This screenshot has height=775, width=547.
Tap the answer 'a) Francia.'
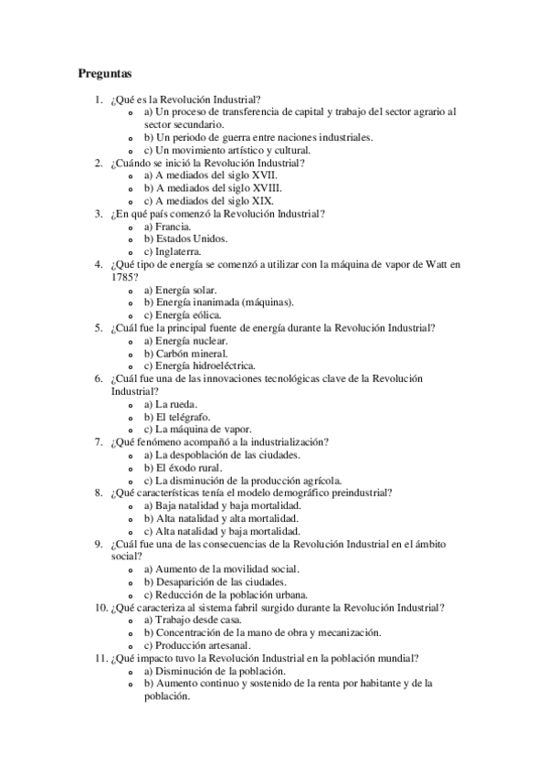(x=167, y=226)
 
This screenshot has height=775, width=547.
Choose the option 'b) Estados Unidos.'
(x=185, y=239)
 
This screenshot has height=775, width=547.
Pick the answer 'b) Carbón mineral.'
(x=185, y=353)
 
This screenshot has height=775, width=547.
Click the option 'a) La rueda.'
(x=171, y=403)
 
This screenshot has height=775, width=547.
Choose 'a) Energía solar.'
(x=180, y=289)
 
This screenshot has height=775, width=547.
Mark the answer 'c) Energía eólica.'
(x=182, y=314)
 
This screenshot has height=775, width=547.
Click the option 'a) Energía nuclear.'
(x=185, y=340)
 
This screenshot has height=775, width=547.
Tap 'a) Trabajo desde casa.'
(x=193, y=620)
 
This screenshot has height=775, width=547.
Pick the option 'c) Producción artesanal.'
(x=199, y=645)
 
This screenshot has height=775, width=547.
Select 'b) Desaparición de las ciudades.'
(x=216, y=581)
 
